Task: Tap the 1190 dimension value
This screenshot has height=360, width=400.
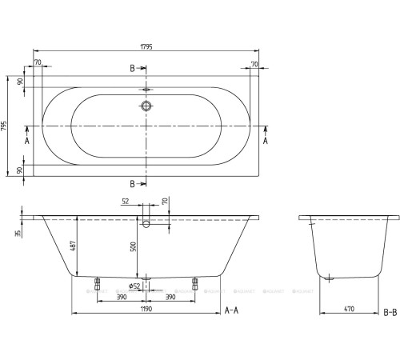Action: click(146, 305)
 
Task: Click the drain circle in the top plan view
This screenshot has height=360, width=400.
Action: click(146, 106)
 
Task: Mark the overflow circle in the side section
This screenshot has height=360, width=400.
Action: click(146, 226)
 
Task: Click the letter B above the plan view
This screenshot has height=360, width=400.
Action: click(133, 70)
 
